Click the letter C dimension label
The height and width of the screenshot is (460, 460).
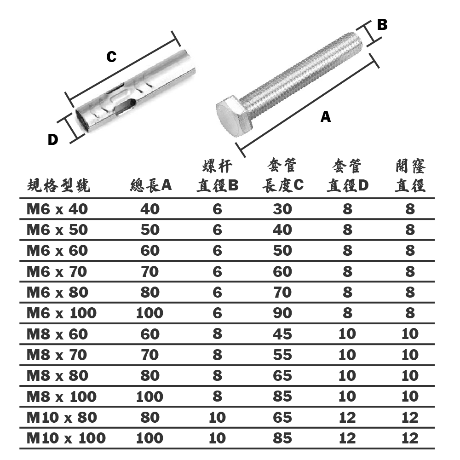point(111,56)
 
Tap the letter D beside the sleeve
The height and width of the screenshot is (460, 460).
point(53,140)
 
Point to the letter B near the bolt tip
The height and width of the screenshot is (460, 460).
point(382,25)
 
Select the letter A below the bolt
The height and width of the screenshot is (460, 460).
point(326,117)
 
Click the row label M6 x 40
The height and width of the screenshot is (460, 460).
point(57,209)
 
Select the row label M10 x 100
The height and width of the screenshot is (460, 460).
point(66,438)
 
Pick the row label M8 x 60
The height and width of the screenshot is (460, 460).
point(57,334)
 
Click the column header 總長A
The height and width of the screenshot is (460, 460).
point(150,185)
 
